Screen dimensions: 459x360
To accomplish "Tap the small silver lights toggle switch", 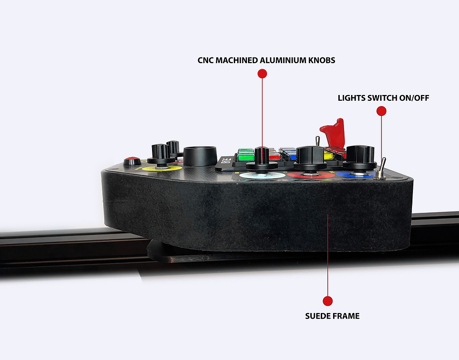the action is [381, 169].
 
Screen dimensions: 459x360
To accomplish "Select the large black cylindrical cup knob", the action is [200, 156].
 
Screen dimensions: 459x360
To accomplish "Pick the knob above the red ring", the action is [310, 158].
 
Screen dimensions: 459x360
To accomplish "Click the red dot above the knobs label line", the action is [262, 74].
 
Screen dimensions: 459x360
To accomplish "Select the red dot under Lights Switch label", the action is [381, 111].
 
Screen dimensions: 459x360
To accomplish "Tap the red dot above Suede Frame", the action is [327, 301].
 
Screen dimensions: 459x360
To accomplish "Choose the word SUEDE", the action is [319, 315].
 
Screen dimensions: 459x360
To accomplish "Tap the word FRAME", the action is [346, 315].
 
